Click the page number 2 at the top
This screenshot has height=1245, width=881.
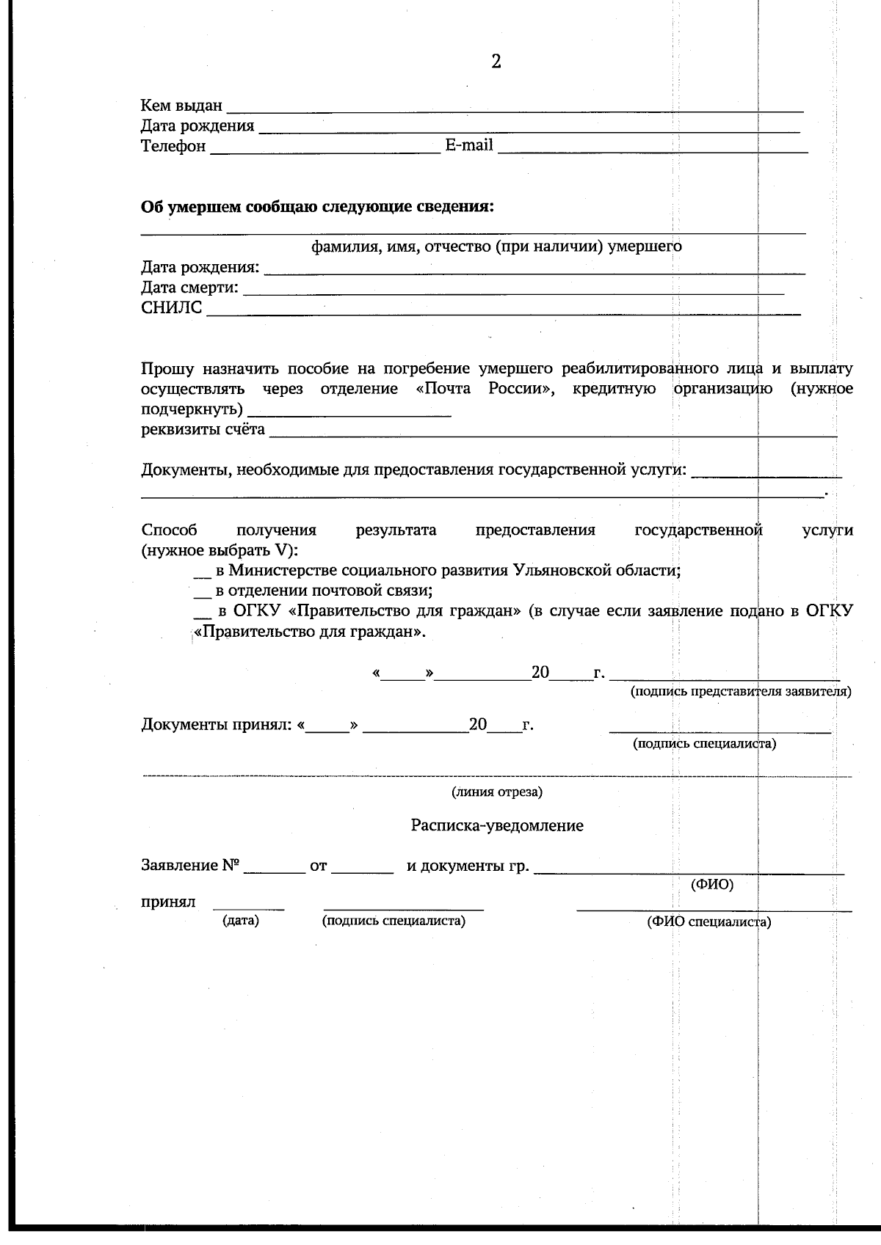click(496, 62)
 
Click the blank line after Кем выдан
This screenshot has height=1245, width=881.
click(514, 107)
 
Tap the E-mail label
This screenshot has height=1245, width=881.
click(469, 145)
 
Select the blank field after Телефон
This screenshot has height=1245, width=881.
click(325, 147)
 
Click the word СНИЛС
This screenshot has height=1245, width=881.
click(171, 308)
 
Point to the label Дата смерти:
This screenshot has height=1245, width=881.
click(189, 288)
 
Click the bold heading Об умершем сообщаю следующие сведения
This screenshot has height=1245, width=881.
click(317, 207)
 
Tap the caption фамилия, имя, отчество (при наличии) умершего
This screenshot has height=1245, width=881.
click(496, 247)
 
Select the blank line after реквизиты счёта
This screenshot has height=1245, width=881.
click(552, 432)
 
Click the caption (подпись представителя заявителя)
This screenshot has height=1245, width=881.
click(741, 692)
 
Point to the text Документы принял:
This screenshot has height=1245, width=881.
click(217, 726)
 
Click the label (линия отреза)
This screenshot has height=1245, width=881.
click(497, 792)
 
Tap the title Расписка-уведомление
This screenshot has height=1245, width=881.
click(497, 826)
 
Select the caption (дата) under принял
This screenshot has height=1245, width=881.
click(241, 921)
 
